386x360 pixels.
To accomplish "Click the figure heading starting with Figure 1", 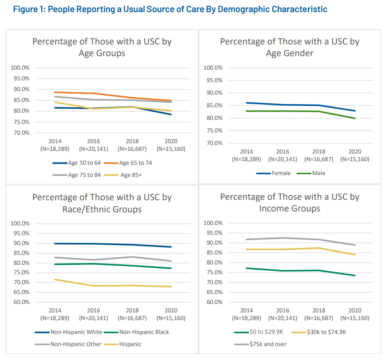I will (170, 9).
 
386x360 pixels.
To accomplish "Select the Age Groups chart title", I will (102, 47).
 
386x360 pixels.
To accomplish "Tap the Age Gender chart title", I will (289, 47).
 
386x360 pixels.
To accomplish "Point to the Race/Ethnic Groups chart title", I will (102, 203).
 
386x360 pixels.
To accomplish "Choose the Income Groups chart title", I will (289, 203).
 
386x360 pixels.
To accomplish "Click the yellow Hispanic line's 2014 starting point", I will (55, 279).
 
